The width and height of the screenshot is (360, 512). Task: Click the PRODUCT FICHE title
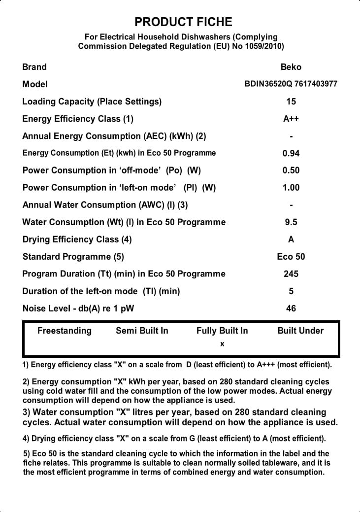pyautogui.click(x=183, y=22)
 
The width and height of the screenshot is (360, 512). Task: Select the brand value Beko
pyautogui.click(x=291, y=67)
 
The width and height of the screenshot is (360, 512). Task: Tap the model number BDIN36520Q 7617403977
pyautogui.click(x=291, y=84)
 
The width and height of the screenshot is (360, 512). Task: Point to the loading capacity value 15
pyautogui.click(x=291, y=102)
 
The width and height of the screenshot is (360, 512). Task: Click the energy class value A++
pyautogui.click(x=291, y=119)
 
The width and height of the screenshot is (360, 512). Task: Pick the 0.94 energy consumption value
pyautogui.click(x=291, y=153)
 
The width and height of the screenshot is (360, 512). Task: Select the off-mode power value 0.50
pyautogui.click(x=291, y=171)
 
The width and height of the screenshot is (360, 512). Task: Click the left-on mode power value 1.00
pyautogui.click(x=291, y=188)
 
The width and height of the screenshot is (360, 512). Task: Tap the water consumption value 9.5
pyautogui.click(x=291, y=222)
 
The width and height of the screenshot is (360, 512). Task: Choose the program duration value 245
pyautogui.click(x=291, y=274)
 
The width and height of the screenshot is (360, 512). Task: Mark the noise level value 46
pyautogui.click(x=291, y=308)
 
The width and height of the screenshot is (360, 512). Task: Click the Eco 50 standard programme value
pyautogui.click(x=291, y=257)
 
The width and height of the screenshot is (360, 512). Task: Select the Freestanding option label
pyautogui.click(x=65, y=331)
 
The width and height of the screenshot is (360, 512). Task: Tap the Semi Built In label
pyautogui.click(x=142, y=331)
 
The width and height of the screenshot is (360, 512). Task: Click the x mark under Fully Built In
pyautogui.click(x=222, y=344)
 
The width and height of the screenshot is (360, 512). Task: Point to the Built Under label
pyautogui.click(x=300, y=331)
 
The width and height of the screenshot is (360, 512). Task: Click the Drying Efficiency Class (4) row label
pyautogui.click(x=77, y=239)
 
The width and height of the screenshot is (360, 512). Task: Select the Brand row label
pyautogui.click(x=34, y=67)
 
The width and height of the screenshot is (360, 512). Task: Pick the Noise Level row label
pyautogui.click(x=78, y=308)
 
